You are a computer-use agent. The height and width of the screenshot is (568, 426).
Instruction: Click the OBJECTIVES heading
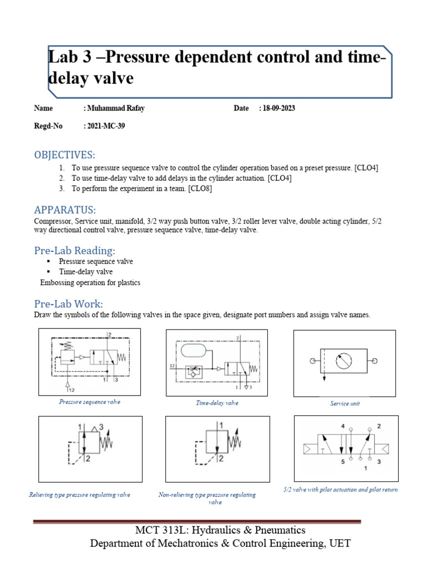click(x=65, y=154)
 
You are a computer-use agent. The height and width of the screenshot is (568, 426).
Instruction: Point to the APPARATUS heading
click(x=65, y=210)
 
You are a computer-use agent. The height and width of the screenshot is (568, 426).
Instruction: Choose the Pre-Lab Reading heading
click(x=75, y=250)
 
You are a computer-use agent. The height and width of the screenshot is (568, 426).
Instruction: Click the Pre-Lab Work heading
click(x=69, y=303)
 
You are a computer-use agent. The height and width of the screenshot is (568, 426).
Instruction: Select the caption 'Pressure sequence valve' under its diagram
click(x=89, y=402)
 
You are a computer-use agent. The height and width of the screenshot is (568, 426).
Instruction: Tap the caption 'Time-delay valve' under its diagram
click(x=217, y=403)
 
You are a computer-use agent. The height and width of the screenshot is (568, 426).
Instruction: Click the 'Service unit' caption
click(x=344, y=404)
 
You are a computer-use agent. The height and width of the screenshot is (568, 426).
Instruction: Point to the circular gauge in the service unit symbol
click(x=344, y=361)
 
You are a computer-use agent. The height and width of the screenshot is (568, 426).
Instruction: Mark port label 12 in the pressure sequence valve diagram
click(x=72, y=390)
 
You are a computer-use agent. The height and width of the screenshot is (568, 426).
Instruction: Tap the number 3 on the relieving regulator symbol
click(x=102, y=427)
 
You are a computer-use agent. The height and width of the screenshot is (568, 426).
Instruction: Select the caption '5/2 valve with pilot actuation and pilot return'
click(x=339, y=490)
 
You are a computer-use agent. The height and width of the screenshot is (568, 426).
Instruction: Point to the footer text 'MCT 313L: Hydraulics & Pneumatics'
click(x=220, y=530)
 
